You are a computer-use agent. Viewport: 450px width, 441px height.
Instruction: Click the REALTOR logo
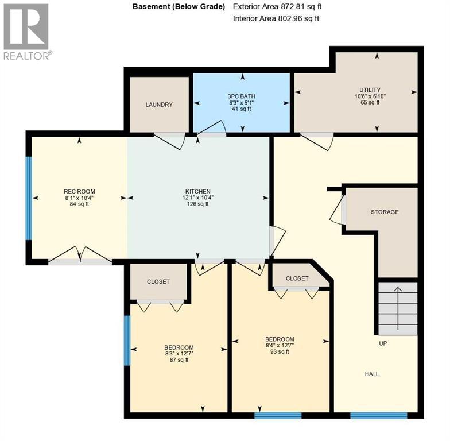point(27,32)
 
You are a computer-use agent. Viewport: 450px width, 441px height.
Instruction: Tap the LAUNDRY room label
point(159,105)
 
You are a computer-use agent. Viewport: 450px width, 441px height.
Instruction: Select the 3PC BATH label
point(241,96)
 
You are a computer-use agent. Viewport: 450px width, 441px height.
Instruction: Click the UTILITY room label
point(370,90)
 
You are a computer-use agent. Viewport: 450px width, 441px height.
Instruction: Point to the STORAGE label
point(384,212)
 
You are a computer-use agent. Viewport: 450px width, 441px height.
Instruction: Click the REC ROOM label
point(79,192)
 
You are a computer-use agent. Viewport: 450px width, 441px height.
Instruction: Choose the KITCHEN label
point(198,192)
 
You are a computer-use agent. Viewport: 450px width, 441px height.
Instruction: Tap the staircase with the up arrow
point(397,308)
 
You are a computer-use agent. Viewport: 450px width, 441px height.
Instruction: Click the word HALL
point(372,374)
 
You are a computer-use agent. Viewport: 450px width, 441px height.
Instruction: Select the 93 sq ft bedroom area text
point(280,352)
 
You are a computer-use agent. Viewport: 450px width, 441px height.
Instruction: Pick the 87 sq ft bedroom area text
point(179,361)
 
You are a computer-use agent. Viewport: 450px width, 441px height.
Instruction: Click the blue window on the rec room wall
point(29,198)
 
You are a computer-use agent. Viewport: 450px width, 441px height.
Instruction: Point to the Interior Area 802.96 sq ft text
point(276,18)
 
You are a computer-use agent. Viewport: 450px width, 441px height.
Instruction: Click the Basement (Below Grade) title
point(179,7)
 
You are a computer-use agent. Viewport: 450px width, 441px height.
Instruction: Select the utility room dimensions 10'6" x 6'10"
point(370,96)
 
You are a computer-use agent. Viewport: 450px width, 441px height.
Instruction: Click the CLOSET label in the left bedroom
point(158,282)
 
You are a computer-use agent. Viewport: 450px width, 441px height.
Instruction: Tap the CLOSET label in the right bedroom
point(297,278)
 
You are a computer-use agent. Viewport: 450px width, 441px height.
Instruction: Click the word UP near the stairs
point(383,343)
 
